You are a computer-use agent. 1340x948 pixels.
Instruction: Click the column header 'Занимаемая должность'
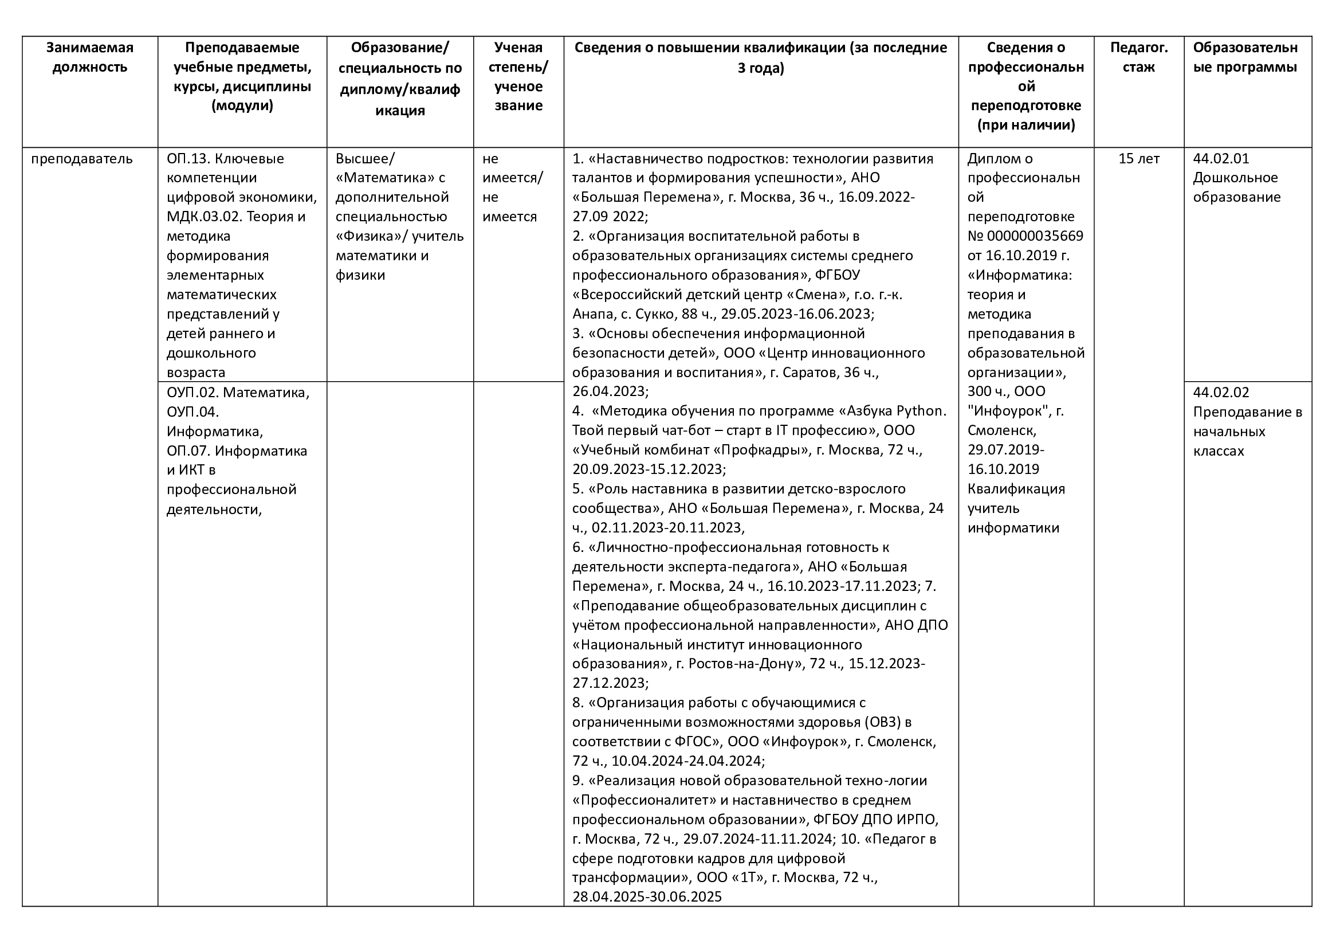90,57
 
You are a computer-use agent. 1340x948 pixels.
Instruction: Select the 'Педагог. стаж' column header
1138,57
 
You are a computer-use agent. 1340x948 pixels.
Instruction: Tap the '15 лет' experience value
1139,159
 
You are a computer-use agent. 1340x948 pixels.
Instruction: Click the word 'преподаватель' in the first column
82,159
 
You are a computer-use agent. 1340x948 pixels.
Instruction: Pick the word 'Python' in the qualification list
921,411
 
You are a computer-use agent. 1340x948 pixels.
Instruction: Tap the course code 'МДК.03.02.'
204,217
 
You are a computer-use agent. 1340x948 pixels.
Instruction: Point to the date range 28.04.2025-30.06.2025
647,896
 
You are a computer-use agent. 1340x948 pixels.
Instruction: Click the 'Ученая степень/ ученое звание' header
518,76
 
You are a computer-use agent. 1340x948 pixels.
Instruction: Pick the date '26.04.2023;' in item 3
610,391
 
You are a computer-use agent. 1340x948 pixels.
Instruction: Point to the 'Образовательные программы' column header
1245,57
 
